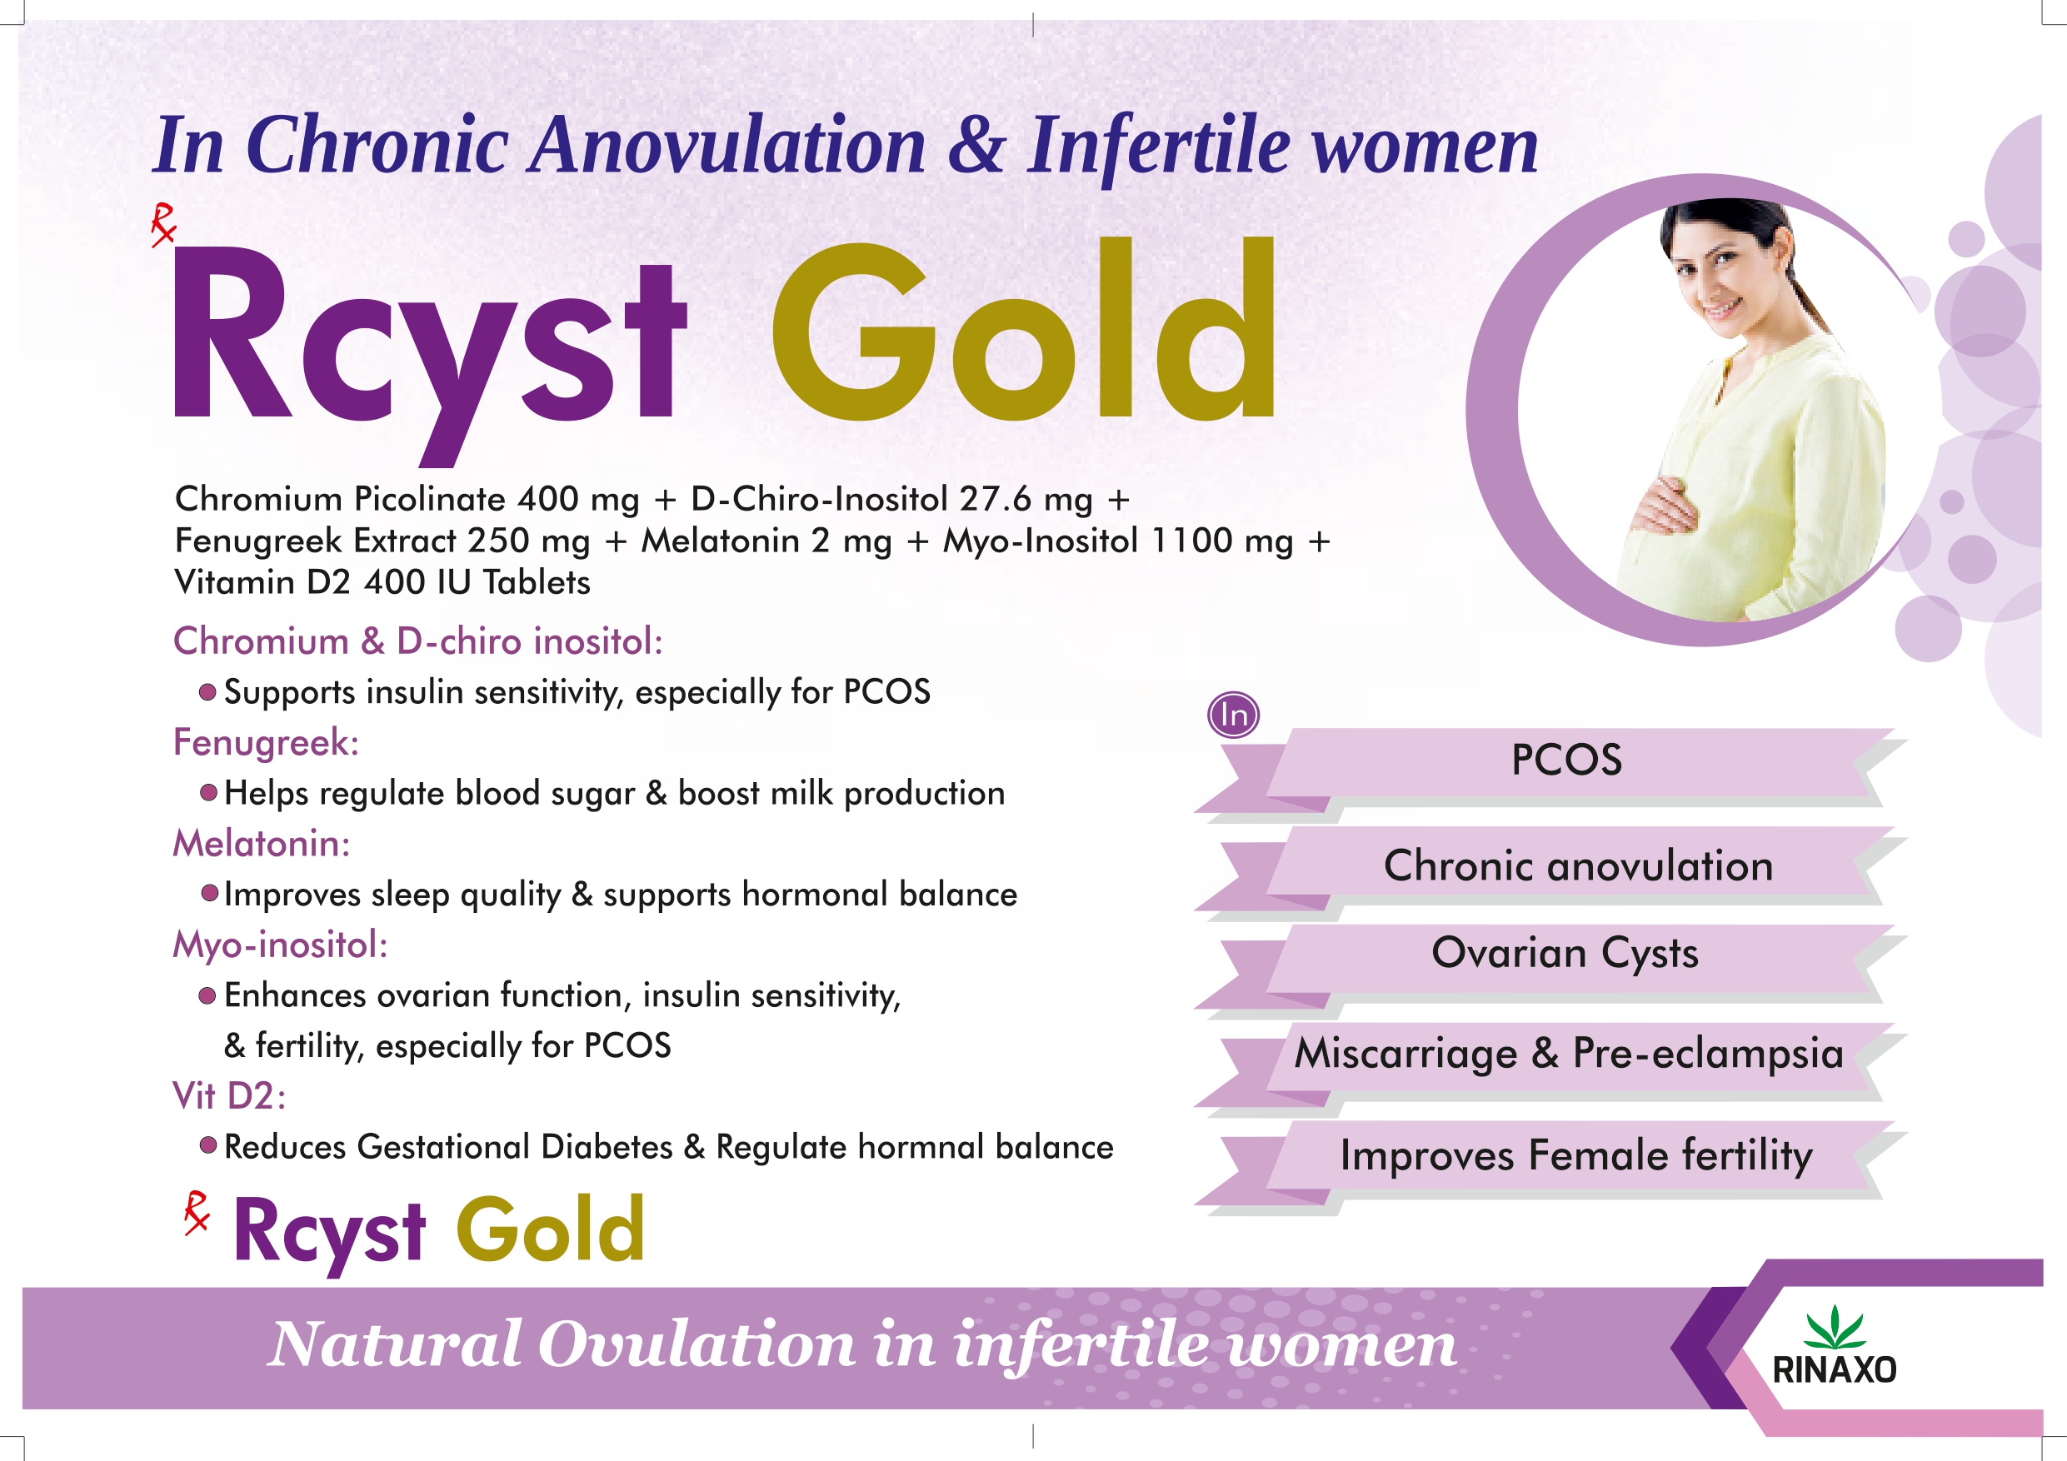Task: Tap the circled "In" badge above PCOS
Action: coord(1233,716)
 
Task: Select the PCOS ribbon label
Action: coord(1566,760)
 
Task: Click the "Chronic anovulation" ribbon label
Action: coord(1578,866)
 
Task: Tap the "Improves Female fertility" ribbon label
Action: coord(1576,1156)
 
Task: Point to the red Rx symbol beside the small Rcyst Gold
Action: coord(197,1213)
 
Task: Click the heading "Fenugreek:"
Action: coord(266,744)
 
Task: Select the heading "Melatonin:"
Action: coord(261,844)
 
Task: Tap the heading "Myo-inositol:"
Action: coord(280,946)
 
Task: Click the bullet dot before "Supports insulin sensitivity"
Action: coord(208,692)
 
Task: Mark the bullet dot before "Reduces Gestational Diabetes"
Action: coord(208,1146)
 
